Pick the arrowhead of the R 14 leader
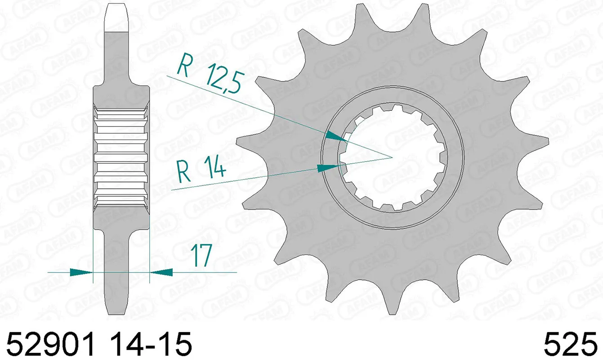point(327,168)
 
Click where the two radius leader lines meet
point(392,157)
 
